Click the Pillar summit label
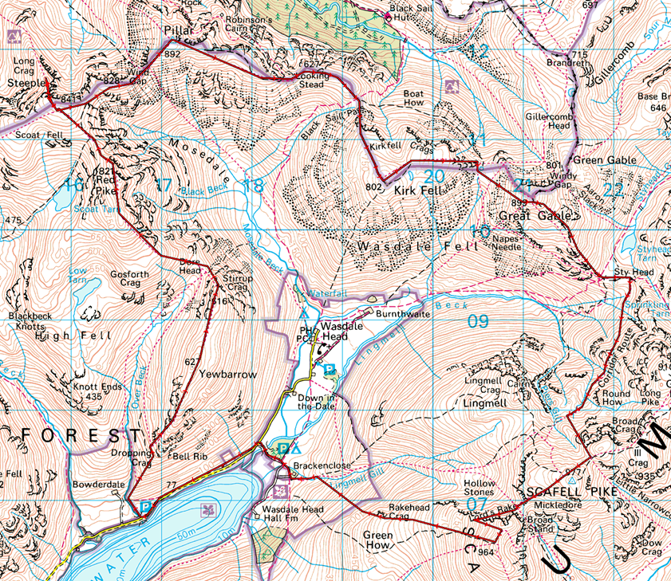[174, 30]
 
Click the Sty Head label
[634, 273]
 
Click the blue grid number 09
[477, 321]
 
